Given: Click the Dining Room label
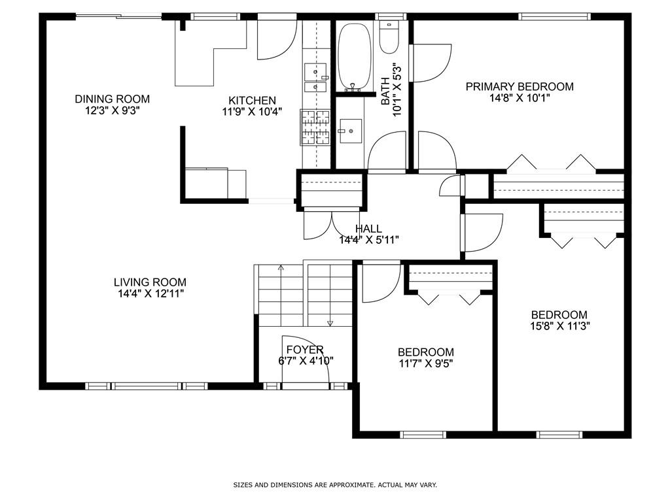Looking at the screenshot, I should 112,99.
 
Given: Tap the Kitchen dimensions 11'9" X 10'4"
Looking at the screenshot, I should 252,111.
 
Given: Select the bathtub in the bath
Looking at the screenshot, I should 354,58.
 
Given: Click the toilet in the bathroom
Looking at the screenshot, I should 389,38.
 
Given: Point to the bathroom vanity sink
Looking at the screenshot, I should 348,131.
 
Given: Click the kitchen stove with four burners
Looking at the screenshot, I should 315,127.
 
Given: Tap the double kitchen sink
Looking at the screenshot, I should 315,78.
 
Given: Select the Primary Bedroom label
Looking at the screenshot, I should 520,86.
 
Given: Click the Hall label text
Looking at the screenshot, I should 368,229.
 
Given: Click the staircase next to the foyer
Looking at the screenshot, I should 306,293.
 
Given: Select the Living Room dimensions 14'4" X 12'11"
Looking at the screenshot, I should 149,293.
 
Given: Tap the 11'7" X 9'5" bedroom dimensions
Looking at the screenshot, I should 426,363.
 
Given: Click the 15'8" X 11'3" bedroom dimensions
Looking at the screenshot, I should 559,326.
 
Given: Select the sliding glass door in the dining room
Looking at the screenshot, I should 118,16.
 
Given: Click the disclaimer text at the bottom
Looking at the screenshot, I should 335,485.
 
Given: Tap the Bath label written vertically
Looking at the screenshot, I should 385,92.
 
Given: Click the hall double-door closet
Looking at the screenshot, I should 331,224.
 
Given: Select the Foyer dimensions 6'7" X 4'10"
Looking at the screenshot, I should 306,360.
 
